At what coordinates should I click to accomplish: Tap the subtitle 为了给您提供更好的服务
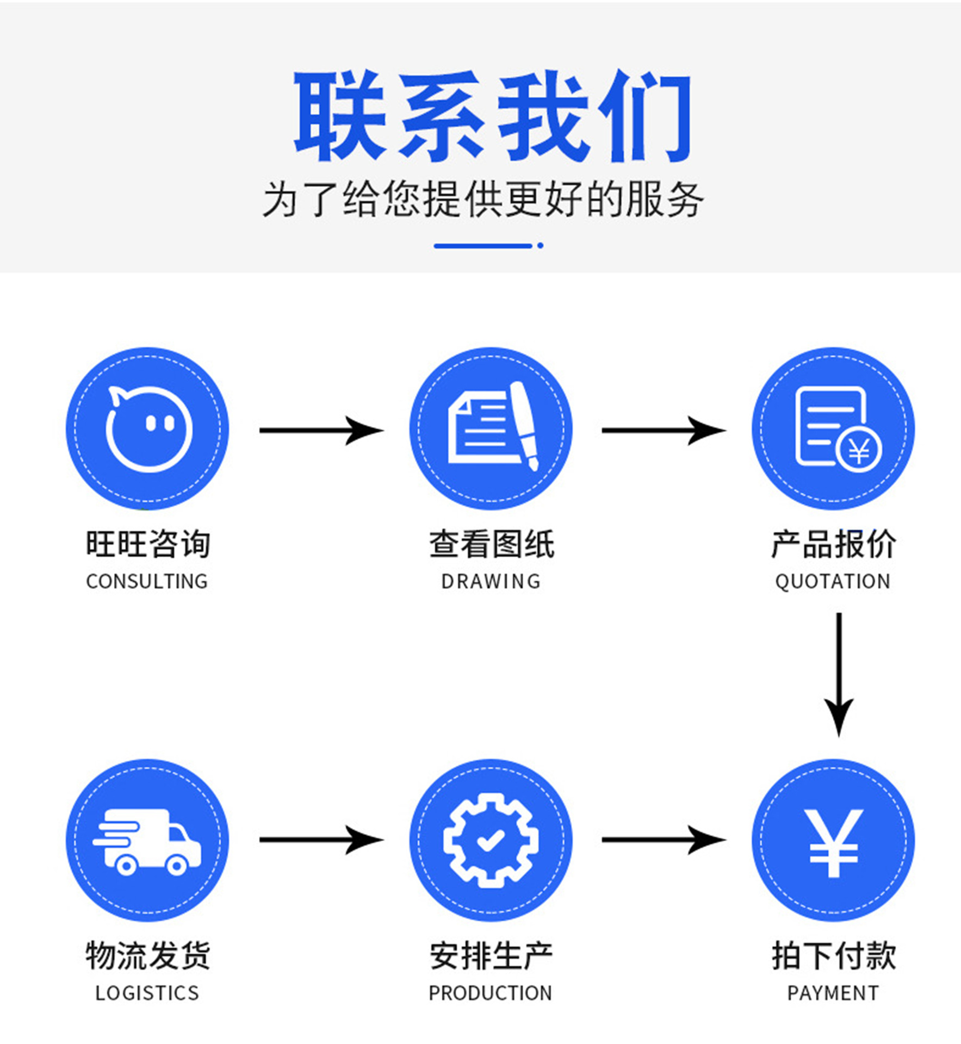tap(483, 200)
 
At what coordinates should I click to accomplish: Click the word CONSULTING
tap(147, 581)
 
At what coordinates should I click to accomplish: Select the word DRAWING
tap(491, 581)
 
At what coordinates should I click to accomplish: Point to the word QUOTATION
tap(833, 581)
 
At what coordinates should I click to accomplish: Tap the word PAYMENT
tap(833, 993)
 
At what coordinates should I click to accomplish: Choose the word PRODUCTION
tap(491, 993)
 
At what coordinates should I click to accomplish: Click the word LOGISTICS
tap(147, 993)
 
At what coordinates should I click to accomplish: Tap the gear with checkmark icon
tap(491, 840)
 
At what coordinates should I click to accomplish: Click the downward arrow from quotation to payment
tap(839, 674)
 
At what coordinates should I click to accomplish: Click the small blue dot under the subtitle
tap(540, 246)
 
